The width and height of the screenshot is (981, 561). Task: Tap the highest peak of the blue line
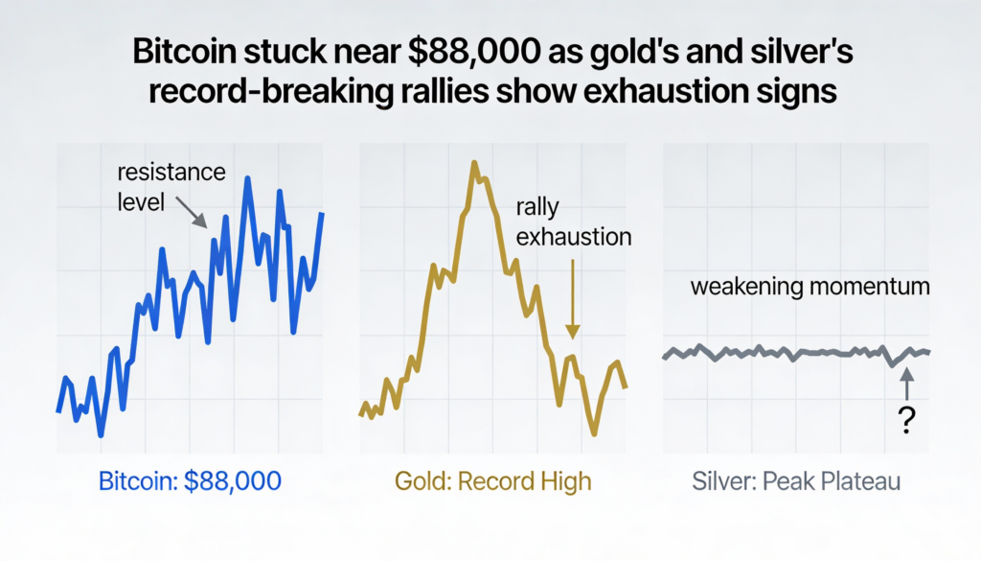click(x=248, y=178)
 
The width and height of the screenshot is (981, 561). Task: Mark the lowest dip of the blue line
click(x=101, y=434)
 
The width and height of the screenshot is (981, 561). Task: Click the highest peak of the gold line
click(x=474, y=163)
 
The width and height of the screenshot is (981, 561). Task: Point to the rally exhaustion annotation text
click(x=573, y=222)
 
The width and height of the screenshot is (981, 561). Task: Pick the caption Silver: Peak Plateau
click(x=796, y=480)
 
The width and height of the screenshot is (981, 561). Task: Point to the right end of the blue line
click(x=323, y=214)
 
